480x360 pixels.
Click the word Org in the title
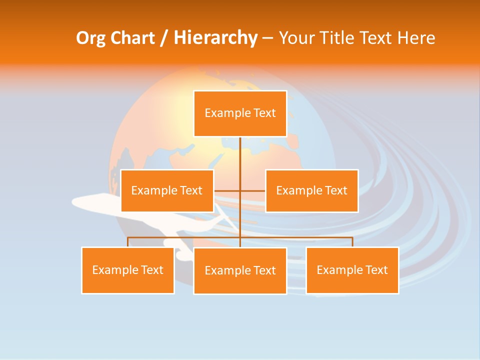[90, 38]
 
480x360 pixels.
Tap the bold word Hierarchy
[215, 38]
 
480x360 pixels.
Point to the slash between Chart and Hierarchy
[164, 38]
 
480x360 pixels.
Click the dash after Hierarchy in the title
[267, 38]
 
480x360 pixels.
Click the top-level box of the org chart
[240, 113]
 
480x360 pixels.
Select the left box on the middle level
[167, 190]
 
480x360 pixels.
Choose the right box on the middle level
[311, 190]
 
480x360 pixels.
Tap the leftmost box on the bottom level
[128, 270]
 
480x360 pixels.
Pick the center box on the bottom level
[240, 270]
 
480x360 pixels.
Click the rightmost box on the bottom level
[352, 270]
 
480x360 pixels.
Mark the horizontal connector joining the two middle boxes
[252, 190]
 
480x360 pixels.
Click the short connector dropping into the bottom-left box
[128, 242]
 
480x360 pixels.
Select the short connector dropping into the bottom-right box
[352, 242]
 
